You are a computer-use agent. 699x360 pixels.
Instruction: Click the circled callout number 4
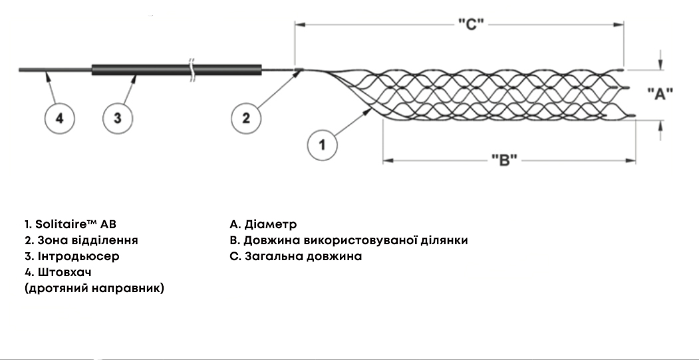click(x=59, y=118)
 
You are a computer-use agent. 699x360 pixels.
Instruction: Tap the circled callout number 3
click(x=118, y=118)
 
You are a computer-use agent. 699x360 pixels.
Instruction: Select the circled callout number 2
click(x=246, y=118)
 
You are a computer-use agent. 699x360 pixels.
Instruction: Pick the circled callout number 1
click(x=323, y=144)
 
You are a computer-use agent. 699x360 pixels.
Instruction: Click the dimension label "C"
click(x=470, y=25)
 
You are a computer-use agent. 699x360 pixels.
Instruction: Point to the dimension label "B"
click(x=504, y=160)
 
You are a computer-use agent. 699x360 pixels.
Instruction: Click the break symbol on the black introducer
click(x=192, y=70)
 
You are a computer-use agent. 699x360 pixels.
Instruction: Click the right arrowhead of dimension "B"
click(x=632, y=160)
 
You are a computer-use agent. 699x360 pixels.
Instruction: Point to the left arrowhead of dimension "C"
click(x=299, y=25)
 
